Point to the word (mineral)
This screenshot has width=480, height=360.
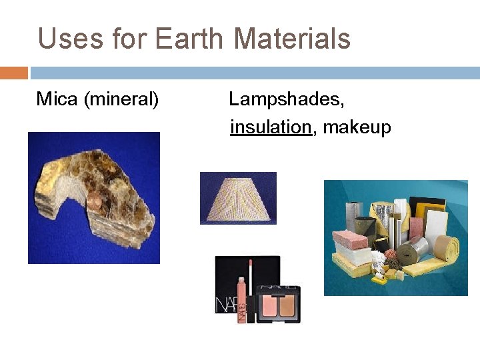click(121, 100)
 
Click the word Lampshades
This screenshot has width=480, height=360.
click(287, 100)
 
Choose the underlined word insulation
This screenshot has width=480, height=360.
click(271, 127)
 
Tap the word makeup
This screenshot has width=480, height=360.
click(357, 127)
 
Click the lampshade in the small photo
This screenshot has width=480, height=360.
click(238, 198)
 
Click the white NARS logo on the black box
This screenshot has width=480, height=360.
click(225, 305)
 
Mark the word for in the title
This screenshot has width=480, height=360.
click(125, 39)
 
